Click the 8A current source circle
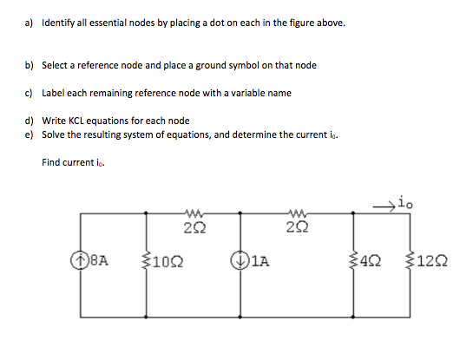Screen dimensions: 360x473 click(78, 257)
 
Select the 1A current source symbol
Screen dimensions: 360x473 click(237, 257)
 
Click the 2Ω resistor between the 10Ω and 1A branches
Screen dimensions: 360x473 click(194, 214)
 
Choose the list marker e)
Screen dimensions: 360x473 click(29, 134)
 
